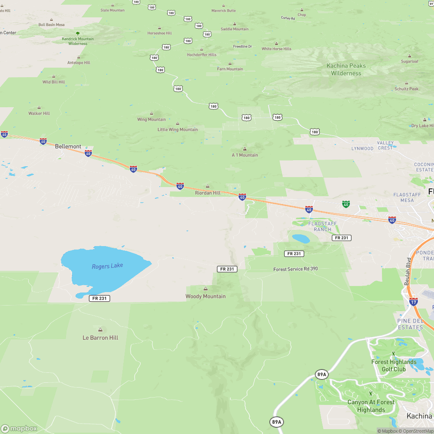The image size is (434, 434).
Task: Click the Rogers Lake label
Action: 107,266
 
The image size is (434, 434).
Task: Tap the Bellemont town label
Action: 68,147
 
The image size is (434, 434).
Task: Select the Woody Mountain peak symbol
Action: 205,289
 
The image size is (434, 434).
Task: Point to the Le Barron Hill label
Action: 100,338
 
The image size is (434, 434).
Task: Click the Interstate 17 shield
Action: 414,302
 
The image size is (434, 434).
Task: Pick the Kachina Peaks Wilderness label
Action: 346,69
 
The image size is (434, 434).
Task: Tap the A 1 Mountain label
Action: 245,155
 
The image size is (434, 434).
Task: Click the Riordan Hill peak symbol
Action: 207,186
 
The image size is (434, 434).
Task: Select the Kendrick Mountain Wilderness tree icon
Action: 78,33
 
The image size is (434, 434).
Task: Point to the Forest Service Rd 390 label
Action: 296,269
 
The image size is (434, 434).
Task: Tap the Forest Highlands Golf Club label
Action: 394,365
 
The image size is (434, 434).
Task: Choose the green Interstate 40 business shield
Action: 345,204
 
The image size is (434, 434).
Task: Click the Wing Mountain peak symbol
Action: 151,113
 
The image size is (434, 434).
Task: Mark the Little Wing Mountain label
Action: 178,129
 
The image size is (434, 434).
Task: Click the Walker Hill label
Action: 39,113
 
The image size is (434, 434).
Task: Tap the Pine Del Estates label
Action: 410,324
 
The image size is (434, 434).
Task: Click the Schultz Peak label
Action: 406,89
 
